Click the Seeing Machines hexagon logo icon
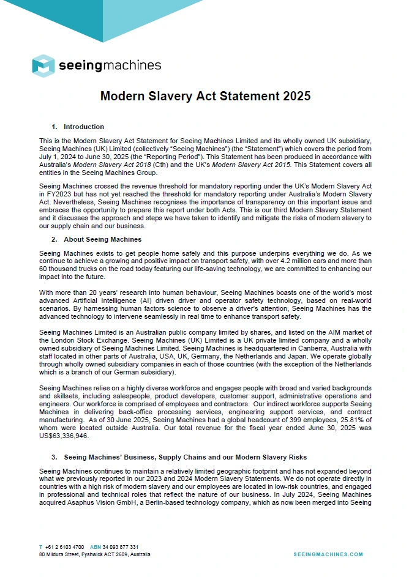click(x=43, y=65)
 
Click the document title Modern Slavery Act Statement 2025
click(x=205, y=96)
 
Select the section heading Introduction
click(x=83, y=127)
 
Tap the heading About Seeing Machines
click(x=102, y=239)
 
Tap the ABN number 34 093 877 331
click(x=120, y=546)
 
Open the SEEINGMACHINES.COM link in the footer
click(x=328, y=554)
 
